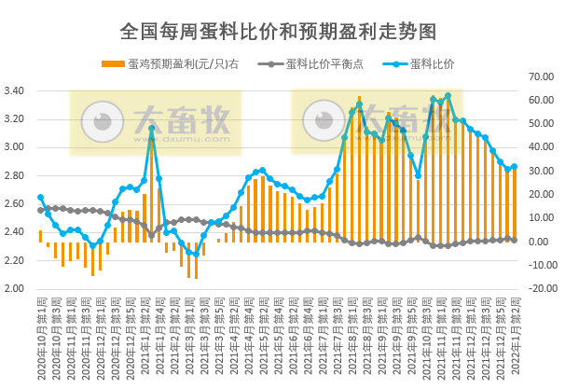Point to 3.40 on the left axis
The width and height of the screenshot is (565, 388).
20,90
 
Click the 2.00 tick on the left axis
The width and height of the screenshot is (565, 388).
20,288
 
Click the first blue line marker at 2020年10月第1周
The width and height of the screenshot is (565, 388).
40,198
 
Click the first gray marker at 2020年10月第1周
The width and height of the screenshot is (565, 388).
40,211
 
